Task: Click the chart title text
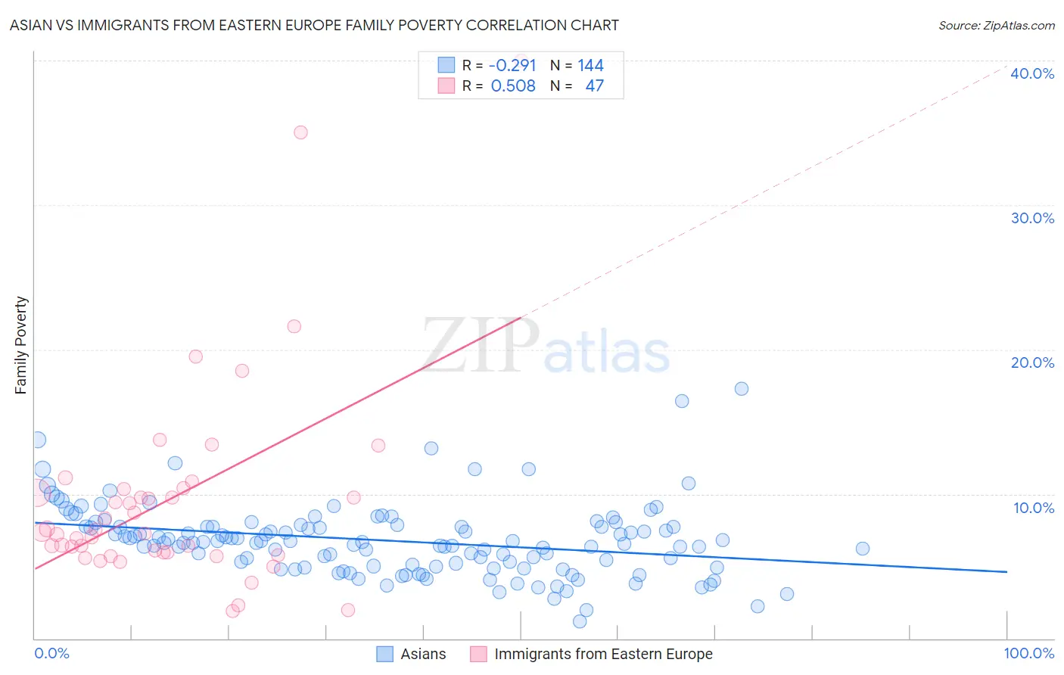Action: [314, 25]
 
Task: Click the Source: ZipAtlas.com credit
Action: [996, 25]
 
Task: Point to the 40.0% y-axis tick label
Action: [1032, 73]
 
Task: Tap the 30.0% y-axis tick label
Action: [1032, 218]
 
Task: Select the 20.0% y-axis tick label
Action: [1032, 362]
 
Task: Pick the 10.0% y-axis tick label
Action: [1034, 508]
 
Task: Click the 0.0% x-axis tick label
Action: [51, 653]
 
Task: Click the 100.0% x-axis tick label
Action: [1028, 653]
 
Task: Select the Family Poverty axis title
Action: [21, 345]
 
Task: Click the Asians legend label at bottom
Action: [423, 654]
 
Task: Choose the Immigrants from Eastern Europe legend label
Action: [603, 654]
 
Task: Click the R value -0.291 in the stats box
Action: [512, 66]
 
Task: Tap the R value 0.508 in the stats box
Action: [513, 86]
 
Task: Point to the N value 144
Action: [590, 66]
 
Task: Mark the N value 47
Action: [594, 86]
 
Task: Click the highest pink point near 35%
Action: [300, 132]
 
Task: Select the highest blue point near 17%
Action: [742, 389]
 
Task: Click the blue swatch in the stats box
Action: [446, 65]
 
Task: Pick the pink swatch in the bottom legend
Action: [478, 654]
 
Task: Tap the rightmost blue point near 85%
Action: [862, 549]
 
